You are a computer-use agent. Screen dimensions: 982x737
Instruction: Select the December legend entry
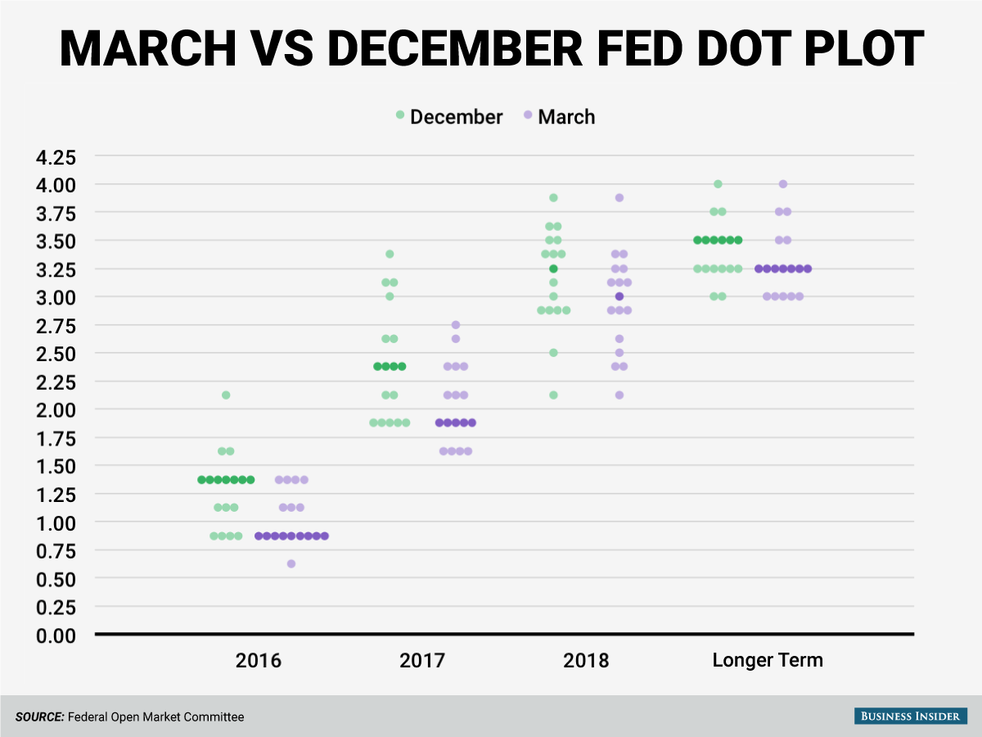pos(449,117)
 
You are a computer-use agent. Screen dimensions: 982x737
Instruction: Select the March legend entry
pos(559,117)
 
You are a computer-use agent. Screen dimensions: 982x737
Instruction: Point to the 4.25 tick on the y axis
pos(56,157)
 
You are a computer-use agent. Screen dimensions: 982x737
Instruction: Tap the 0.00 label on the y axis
pos(56,635)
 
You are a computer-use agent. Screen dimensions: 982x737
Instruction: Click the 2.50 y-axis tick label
pos(56,354)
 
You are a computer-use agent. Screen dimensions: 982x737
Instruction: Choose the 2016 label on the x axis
pos(259,661)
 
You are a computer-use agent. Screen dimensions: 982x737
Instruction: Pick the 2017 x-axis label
pos(422,661)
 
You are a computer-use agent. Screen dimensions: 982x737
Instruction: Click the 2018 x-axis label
pos(586,661)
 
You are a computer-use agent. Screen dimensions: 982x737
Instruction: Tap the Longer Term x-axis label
pos(768,660)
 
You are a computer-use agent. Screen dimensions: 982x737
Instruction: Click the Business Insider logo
pos(911,716)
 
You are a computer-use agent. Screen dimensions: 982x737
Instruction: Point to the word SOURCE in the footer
pos(40,717)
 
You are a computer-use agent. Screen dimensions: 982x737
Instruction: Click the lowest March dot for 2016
pos(291,564)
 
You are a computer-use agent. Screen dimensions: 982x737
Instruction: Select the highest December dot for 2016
pos(226,396)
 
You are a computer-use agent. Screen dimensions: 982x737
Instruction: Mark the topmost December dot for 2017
pos(390,254)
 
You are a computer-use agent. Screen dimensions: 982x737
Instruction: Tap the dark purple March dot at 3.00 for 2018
pos(619,296)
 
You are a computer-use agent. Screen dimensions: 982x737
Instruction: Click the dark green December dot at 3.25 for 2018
pos(553,269)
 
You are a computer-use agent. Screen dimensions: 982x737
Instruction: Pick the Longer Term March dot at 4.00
pos(783,184)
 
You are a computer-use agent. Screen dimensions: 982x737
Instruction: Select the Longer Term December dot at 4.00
pos(718,184)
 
